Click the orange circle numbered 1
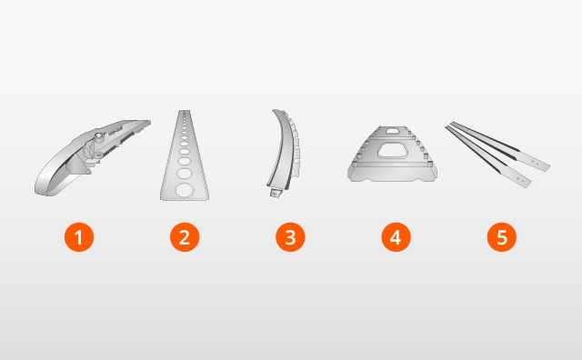pyautogui.click(x=79, y=237)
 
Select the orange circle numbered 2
pyautogui.click(x=185, y=237)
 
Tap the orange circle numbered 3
pyautogui.click(x=290, y=237)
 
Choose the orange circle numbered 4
pyautogui.click(x=396, y=237)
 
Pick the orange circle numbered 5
pyautogui.click(x=502, y=237)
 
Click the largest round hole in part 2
pyautogui.click(x=185, y=190)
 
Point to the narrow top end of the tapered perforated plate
pyautogui.click(x=185, y=111)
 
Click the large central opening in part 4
pyautogui.click(x=393, y=151)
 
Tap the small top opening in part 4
pyautogui.click(x=392, y=130)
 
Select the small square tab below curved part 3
pyautogui.click(x=275, y=193)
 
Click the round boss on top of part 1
pyautogui.click(x=99, y=136)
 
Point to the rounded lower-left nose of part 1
pyautogui.click(x=40, y=188)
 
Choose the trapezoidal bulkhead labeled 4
pyautogui.click(x=392, y=154)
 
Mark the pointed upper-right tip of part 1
pyautogui.click(x=149, y=121)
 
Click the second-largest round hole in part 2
pyautogui.click(x=185, y=174)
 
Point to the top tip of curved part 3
pyautogui.click(x=274, y=110)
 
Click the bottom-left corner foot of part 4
pyautogui.click(x=352, y=178)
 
